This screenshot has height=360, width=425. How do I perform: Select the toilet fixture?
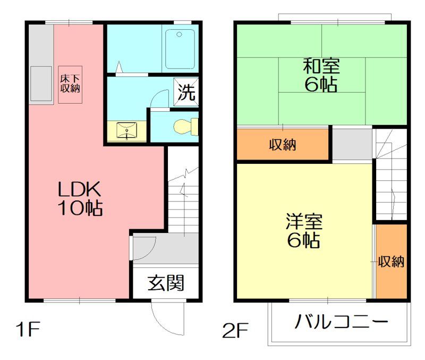tap(185, 126)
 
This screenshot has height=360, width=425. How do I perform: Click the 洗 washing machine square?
tap(186, 94)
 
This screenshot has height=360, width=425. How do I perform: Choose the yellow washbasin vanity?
tap(127, 131)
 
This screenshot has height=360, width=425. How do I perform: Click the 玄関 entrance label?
tap(166, 282)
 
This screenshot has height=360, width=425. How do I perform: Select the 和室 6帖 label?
tap(321, 76)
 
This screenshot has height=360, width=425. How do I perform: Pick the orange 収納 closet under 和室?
tap(283, 144)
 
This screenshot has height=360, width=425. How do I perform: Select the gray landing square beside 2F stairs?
tap(353, 144)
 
